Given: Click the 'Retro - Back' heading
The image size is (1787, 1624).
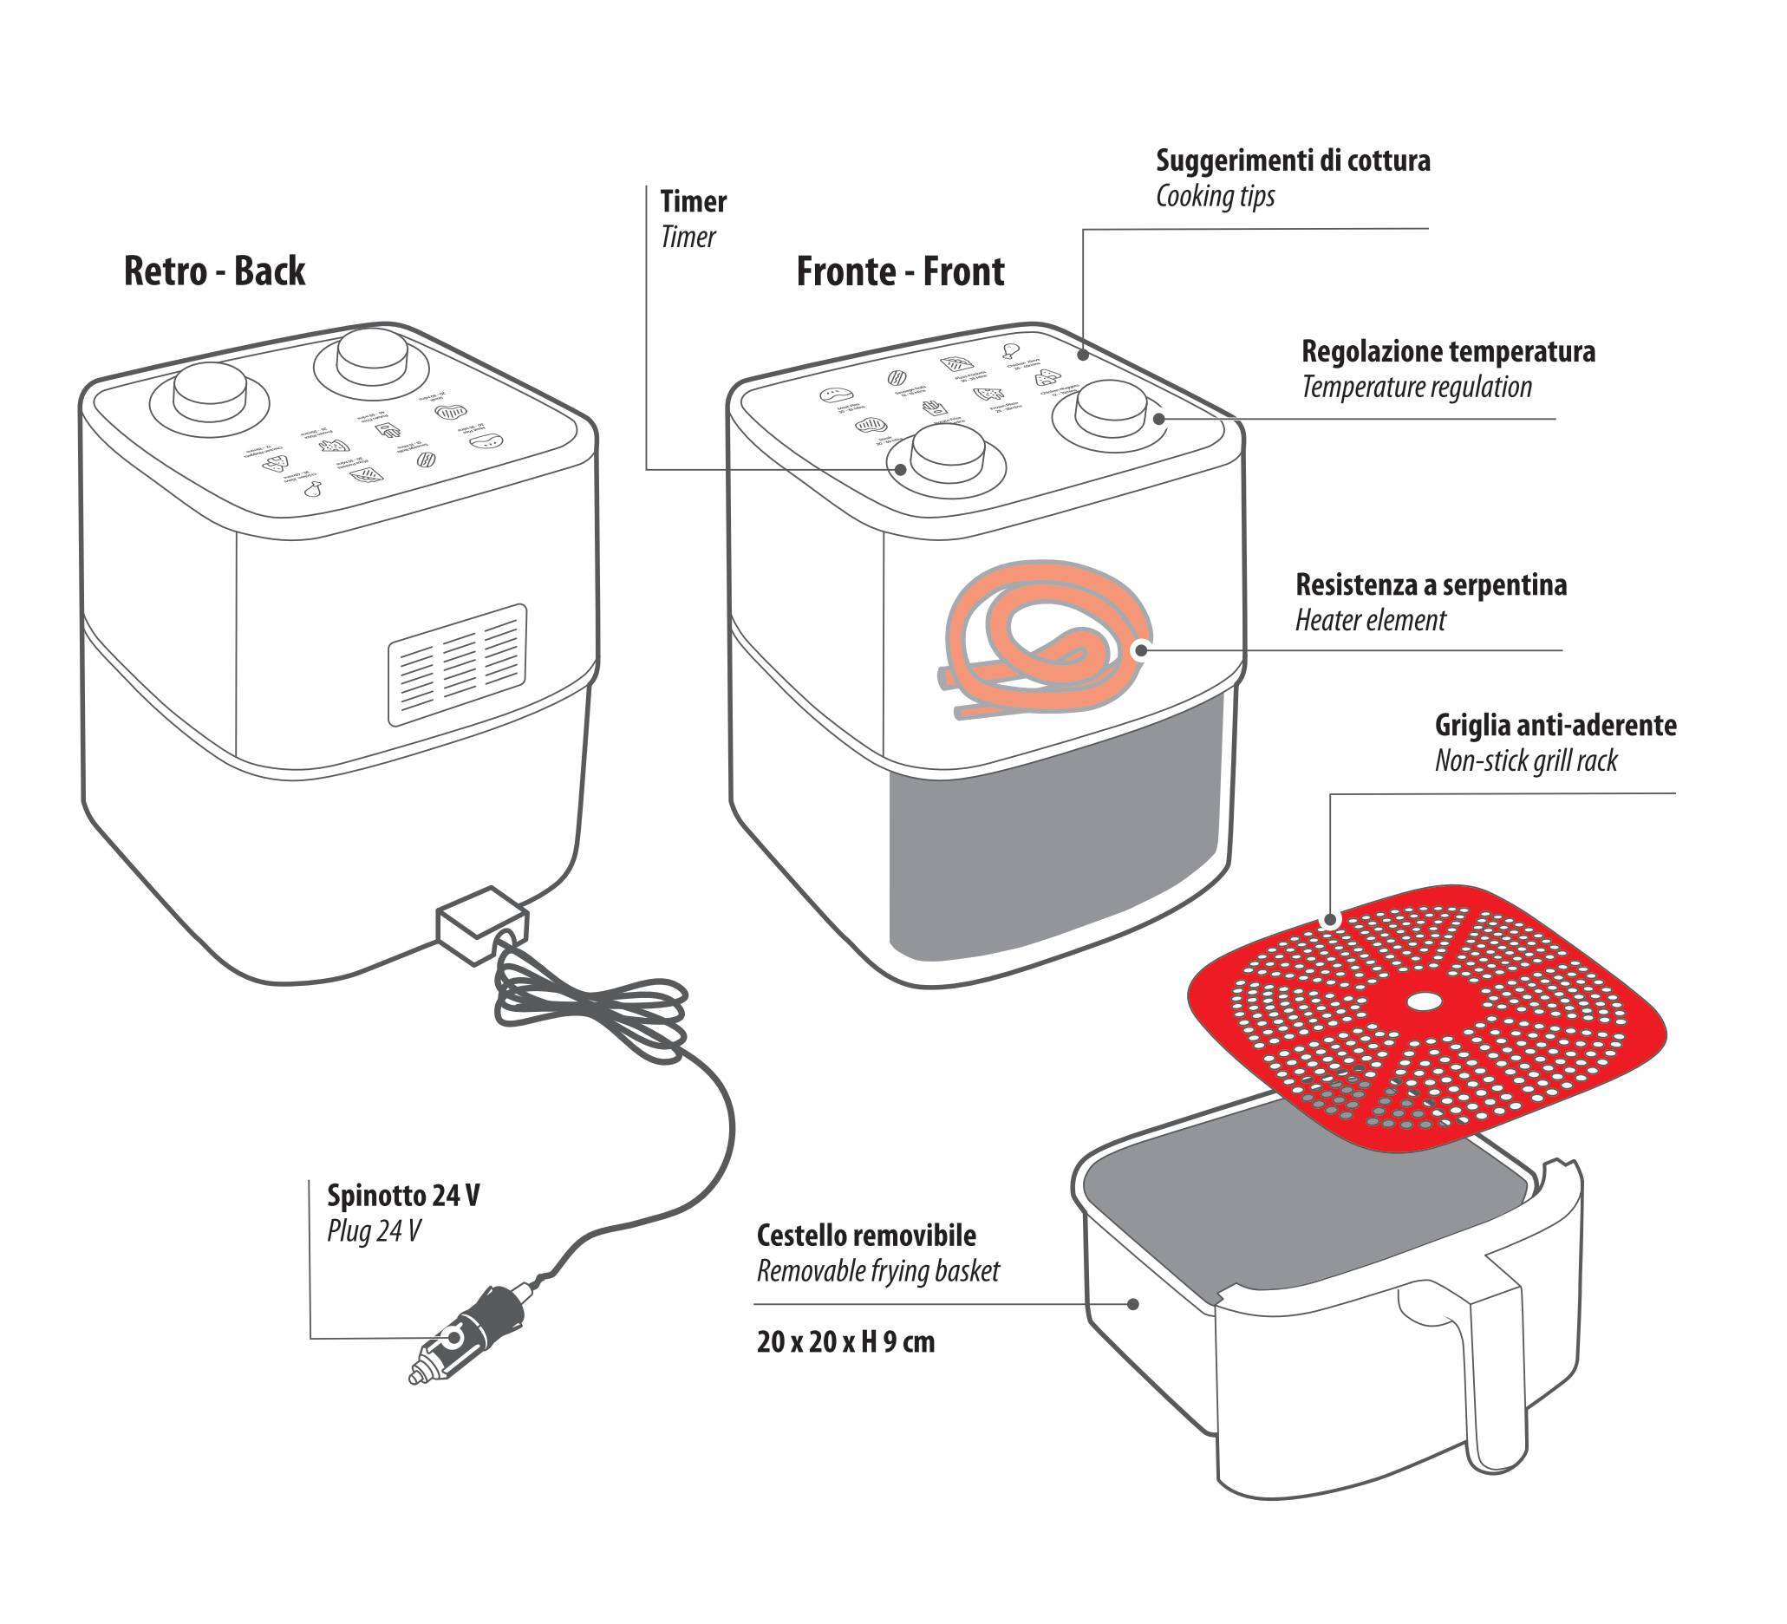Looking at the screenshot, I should (x=213, y=271).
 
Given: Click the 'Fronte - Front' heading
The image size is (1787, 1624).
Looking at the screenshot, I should (x=900, y=272).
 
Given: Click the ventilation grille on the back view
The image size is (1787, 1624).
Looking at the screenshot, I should (x=458, y=665).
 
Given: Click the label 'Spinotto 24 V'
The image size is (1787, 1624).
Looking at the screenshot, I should (x=403, y=1196).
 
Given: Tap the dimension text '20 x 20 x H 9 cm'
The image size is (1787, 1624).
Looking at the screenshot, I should (x=845, y=1342).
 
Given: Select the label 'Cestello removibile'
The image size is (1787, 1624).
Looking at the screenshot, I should (x=866, y=1236).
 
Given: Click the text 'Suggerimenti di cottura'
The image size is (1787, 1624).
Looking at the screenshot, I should (x=1293, y=161).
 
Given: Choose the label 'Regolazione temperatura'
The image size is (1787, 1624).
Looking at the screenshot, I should (x=1447, y=352).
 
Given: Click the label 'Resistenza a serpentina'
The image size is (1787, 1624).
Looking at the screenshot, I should (x=1431, y=585).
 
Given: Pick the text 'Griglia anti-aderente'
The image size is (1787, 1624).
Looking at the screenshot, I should (x=1555, y=726).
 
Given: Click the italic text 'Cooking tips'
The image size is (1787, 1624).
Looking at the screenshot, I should (x=1215, y=197).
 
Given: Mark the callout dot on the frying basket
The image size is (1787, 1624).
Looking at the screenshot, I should (x=1132, y=1304).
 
